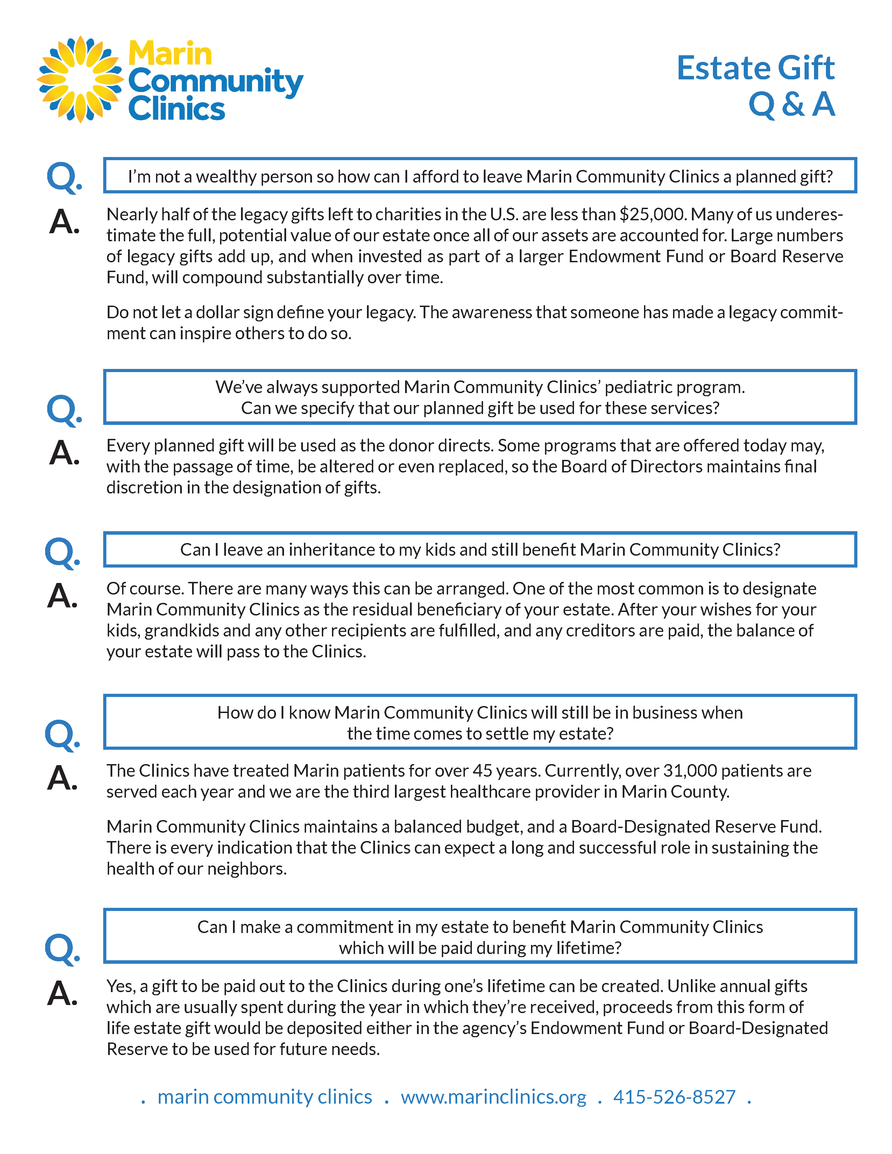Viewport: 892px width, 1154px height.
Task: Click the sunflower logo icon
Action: [x=80, y=79]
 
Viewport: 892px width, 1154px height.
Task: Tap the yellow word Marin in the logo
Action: [x=170, y=54]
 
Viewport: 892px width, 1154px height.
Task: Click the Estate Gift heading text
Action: [x=755, y=68]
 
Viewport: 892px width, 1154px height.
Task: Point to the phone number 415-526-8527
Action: [x=674, y=1097]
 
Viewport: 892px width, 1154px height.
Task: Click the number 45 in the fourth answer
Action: [x=482, y=771]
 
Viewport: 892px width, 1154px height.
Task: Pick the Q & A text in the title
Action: [x=792, y=104]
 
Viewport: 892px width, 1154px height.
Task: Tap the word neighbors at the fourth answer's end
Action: [x=246, y=869]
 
